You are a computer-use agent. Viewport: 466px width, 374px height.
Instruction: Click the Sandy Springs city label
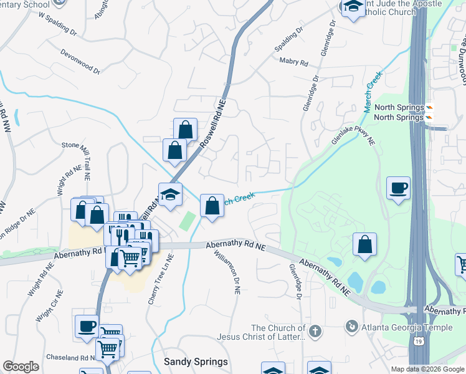(x=196, y=362)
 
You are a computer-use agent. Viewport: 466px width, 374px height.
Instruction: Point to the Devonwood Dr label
(x=80, y=62)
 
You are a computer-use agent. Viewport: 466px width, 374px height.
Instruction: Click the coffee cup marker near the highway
(x=398, y=187)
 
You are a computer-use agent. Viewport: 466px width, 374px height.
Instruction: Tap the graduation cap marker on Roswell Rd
(x=169, y=194)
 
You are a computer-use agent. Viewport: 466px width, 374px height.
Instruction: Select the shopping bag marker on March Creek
(x=212, y=204)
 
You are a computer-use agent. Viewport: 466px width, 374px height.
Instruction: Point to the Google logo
(x=21, y=367)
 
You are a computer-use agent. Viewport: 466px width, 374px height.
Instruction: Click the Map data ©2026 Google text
(x=427, y=368)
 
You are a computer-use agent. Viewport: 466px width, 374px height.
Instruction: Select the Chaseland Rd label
(x=69, y=358)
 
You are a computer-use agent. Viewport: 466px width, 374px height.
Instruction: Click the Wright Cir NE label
(x=50, y=307)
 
